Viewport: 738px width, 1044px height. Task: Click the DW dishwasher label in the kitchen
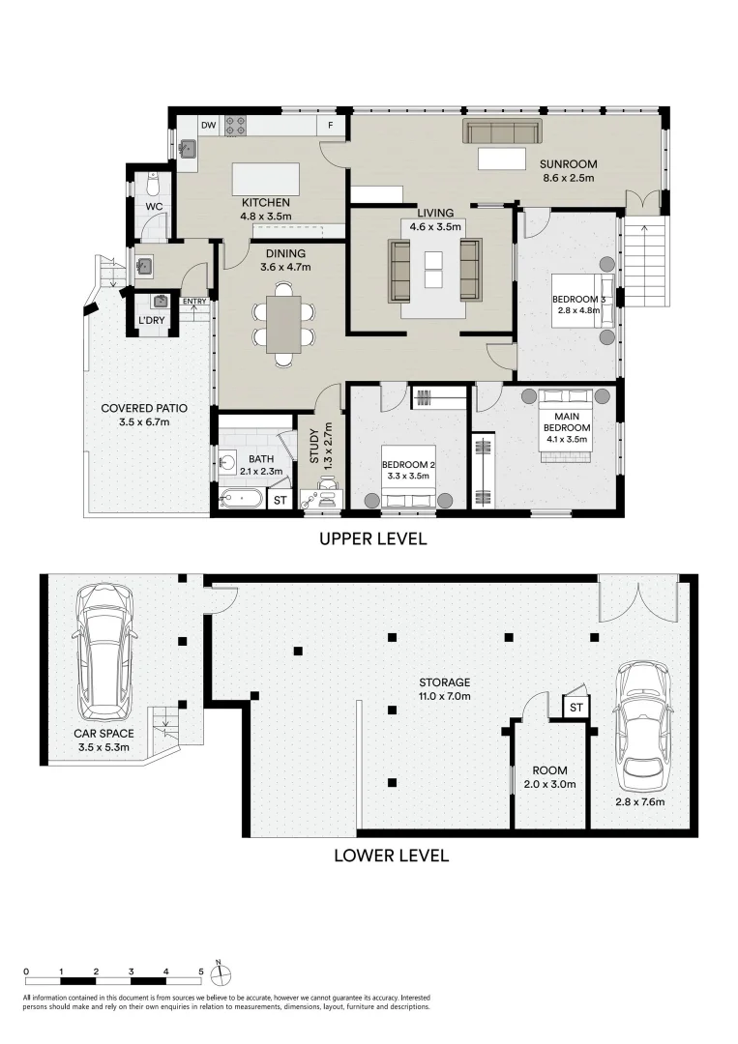(x=209, y=125)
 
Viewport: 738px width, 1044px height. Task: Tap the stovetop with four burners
(x=235, y=126)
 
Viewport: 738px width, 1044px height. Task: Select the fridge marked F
(x=330, y=126)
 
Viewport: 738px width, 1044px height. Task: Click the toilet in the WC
(x=153, y=181)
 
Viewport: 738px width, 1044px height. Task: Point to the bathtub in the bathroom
(x=241, y=499)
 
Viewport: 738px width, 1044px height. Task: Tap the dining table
(x=283, y=324)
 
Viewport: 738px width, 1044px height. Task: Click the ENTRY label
(x=194, y=302)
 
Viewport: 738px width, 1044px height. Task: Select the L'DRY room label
(x=151, y=321)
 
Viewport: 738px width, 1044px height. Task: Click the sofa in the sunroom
(x=503, y=131)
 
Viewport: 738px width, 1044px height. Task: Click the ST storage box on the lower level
(x=576, y=708)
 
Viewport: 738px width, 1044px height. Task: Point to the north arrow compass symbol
(x=220, y=974)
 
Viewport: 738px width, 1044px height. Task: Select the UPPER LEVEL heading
(x=373, y=538)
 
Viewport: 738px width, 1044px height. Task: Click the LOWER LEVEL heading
(x=392, y=855)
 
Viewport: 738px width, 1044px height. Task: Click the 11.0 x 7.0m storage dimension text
(x=445, y=696)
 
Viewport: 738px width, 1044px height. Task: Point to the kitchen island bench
(x=265, y=180)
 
